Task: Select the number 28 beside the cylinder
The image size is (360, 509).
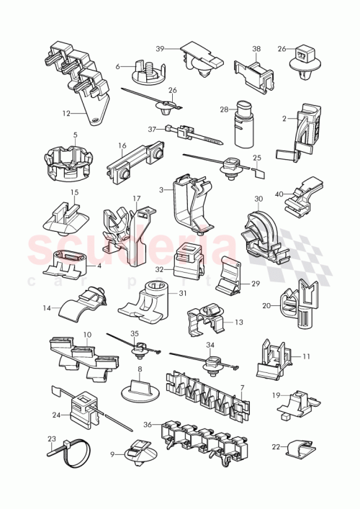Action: (224, 109)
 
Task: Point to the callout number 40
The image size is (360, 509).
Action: (279, 194)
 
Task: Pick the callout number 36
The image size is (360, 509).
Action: (148, 425)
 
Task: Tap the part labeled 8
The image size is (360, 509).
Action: (141, 389)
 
